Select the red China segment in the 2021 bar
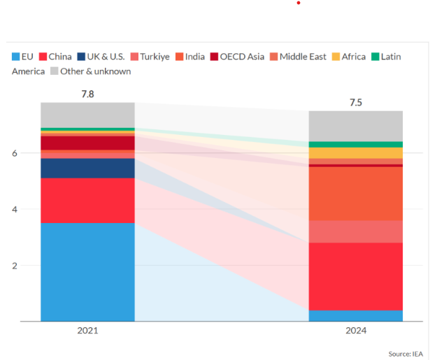[x=87, y=200]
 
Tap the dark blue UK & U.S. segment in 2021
[x=87, y=168]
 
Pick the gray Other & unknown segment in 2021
[x=87, y=115]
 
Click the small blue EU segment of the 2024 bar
[x=356, y=315]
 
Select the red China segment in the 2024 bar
[x=356, y=276]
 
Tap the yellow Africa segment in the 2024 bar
[x=356, y=152]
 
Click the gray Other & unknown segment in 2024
[x=356, y=126]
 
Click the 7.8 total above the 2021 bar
[x=87, y=92]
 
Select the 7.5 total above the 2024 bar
[x=356, y=103]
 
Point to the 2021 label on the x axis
[x=87, y=331]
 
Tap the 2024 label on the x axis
[x=356, y=331]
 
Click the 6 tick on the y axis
[x=23, y=153]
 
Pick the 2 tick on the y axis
[x=23, y=266]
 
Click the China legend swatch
[x=42, y=57]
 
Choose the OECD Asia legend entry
[x=237, y=57]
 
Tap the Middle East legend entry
[x=298, y=57]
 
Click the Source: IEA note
[x=406, y=353]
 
